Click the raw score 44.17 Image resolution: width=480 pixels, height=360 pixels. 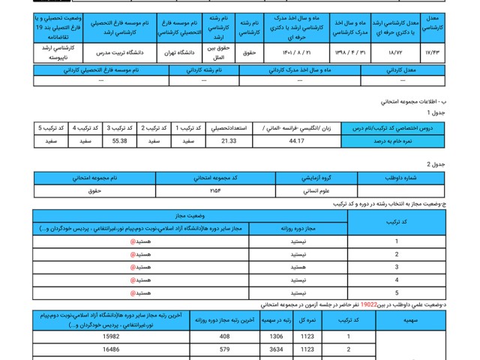tap(296, 139)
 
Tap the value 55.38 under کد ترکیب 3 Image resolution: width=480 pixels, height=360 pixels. tap(119, 139)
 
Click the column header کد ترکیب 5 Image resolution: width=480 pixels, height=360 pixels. tap(50, 127)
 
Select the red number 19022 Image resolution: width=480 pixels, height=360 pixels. tap(369, 305)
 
